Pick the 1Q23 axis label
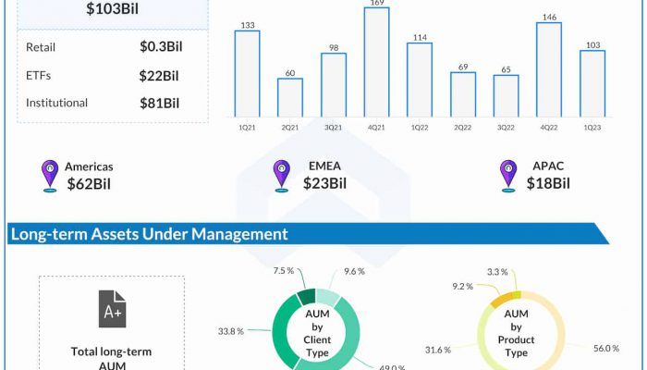(x=592, y=127)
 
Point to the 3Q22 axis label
(x=506, y=127)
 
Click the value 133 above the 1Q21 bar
(x=247, y=24)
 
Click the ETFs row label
(x=39, y=75)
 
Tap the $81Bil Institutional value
(x=159, y=103)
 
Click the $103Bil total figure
(x=113, y=9)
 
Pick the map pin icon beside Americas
(x=50, y=176)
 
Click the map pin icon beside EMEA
(x=281, y=176)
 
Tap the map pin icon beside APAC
(x=507, y=176)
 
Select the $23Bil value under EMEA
(x=324, y=183)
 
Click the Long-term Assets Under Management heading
(x=149, y=234)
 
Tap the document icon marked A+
(x=112, y=309)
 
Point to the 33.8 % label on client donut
(x=231, y=329)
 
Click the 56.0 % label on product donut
(x=605, y=348)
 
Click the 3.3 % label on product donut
(x=496, y=271)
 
